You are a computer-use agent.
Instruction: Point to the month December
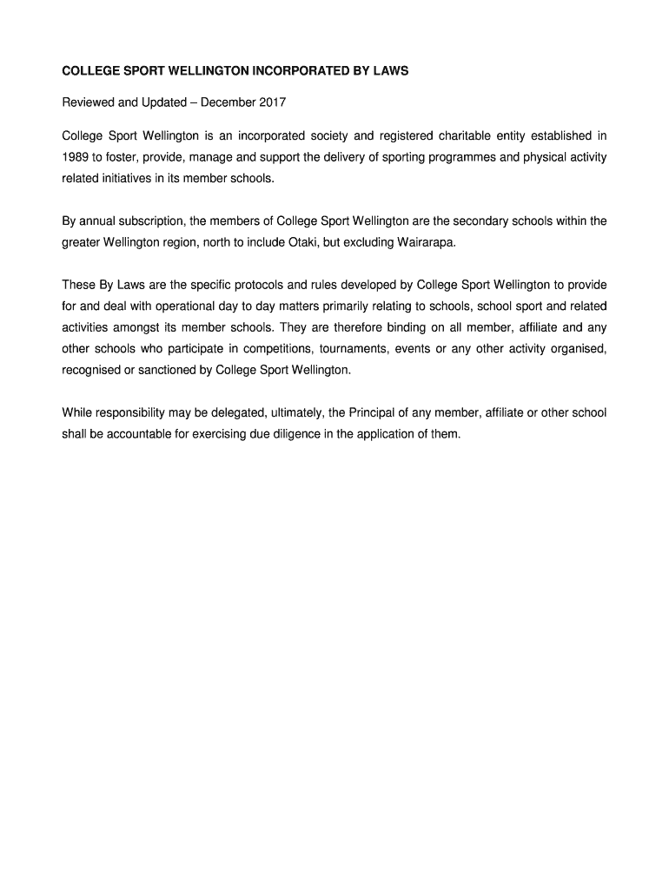[229, 102]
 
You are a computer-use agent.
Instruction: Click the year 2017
[271, 102]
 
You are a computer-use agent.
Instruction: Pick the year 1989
[76, 157]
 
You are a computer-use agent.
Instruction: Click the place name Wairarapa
[426, 242]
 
